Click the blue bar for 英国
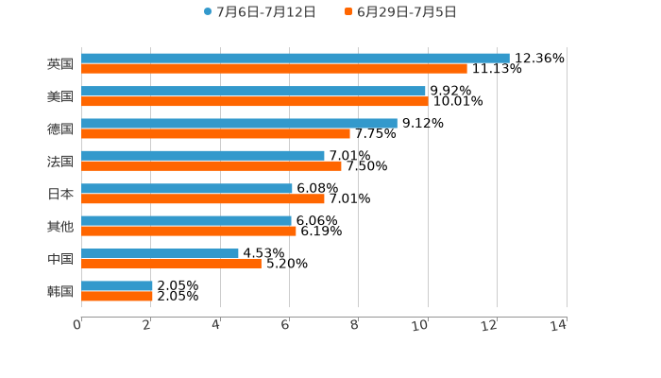pos(296,58)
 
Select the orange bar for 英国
pos(274,69)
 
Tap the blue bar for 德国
pos(239,123)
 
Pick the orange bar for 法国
pos(212,166)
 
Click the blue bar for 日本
pos(187,188)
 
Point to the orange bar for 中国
pos(171,265)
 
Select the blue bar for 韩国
pos(117,285)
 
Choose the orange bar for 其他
pos(189,232)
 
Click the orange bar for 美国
pos(255,102)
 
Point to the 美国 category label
pos(60,96)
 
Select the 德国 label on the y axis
pos(60,129)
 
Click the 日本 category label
pos(60,194)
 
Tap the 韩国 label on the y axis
pos(60,291)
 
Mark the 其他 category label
pos(60,226)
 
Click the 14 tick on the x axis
pos(558,326)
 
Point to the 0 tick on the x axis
pos(77,326)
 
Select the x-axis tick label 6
pos(285,326)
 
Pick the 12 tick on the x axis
pos(489,326)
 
